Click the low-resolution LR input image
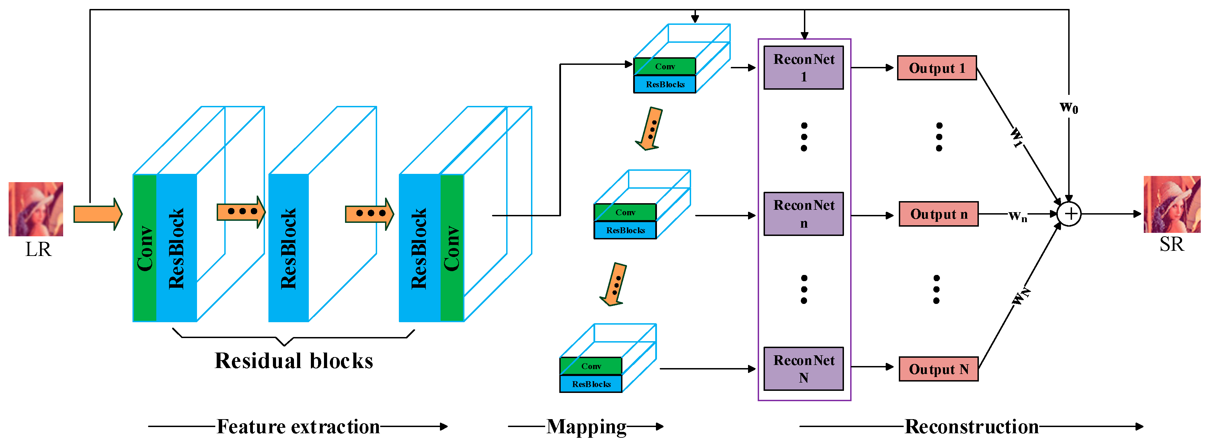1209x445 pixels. [x=36, y=209]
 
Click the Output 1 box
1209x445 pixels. [x=936, y=68]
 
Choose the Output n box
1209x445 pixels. [x=938, y=214]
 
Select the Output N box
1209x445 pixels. [x=938, y=369]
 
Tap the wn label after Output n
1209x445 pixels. [x=1018, y=216]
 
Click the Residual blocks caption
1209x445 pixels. [x=294, y=361]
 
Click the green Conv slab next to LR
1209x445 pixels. [x=145, y=248]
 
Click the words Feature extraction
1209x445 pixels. [x=298, y=427]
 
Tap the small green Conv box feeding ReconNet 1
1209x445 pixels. [x=664, y=67]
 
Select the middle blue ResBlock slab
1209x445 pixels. [x=288, y=248]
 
